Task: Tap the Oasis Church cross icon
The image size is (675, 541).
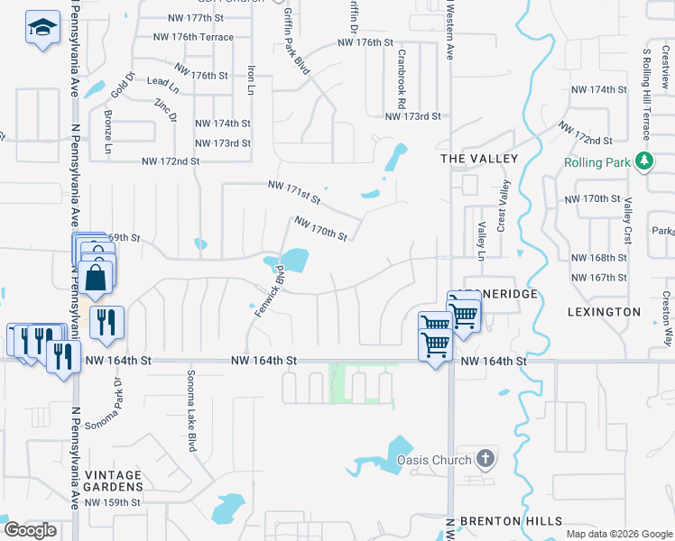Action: [485, 459]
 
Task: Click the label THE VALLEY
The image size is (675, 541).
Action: [479, 159]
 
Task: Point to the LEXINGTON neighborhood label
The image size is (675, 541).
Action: [605, 312]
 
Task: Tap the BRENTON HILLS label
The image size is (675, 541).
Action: [512, 521]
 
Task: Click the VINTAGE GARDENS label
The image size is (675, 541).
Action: [114, 481]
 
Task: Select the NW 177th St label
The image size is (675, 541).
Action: [199, 19]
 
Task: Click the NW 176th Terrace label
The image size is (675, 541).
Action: [194, 37]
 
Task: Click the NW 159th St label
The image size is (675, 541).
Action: [114, 502]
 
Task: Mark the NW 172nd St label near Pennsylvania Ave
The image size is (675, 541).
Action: [170, 161]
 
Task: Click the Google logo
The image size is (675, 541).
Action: [30, 529]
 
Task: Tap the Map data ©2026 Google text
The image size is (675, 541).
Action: [617, 534]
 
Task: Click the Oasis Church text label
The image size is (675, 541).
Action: [434, 460]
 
